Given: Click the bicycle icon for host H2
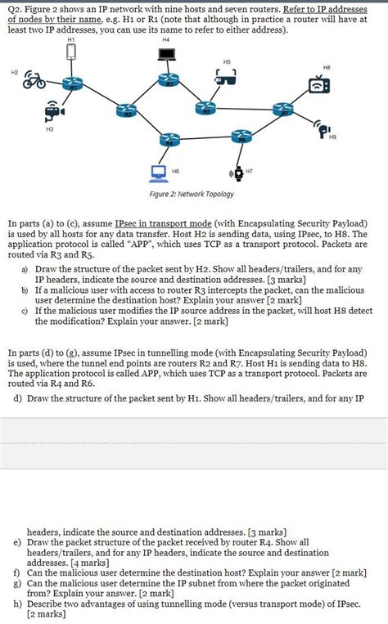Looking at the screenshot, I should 34,80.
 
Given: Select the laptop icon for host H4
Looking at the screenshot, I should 167,55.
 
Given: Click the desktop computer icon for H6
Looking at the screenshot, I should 159,171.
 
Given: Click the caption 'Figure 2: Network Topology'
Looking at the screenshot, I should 192,194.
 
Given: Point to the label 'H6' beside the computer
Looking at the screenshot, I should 176,171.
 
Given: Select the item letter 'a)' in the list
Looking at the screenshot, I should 26,269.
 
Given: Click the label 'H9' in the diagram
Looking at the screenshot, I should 332,137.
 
